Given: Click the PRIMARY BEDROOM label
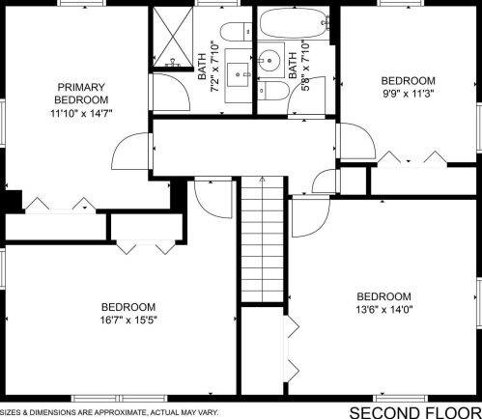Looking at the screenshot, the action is [81, 94].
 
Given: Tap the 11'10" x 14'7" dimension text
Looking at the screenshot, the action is [81, 113].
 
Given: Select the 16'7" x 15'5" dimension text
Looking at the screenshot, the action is [128, 321].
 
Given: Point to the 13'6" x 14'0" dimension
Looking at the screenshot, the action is [384, 310].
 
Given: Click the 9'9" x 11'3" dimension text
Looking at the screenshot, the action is [409, 94].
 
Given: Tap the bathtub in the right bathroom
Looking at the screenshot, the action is [295, 22].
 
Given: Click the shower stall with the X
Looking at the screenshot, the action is [173, 37].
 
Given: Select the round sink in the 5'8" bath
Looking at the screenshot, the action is [269, 60].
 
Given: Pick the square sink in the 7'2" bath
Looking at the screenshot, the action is [238, 75].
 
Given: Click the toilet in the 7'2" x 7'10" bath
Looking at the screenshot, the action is [236, 32].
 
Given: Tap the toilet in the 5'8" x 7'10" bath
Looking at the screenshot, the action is [273, 91].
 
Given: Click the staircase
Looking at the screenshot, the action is [263, 239].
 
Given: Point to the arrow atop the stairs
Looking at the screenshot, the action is [263, 179].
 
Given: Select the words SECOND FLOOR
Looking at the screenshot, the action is [415, 412].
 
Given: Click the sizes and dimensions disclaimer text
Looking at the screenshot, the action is [109, 412].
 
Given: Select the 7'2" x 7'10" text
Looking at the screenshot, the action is [215, 66].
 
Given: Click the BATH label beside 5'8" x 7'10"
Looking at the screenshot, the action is [293, 66].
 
